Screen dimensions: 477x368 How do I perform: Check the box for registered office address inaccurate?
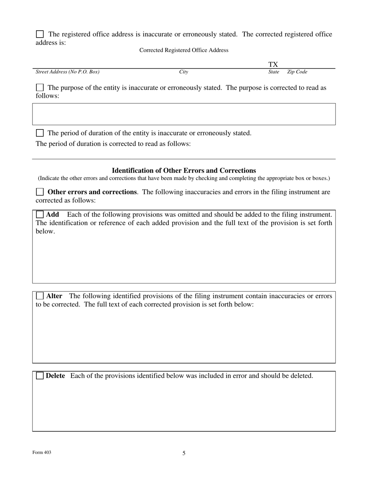[x=40, y=34]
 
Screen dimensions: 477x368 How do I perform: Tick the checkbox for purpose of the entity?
[x=40, y=88]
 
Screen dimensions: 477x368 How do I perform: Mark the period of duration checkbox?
[x=40, y=133]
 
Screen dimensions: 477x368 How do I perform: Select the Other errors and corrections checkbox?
[x=40, y=192]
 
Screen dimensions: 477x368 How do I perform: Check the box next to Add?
[x=40, y=214]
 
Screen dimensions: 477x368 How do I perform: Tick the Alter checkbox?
[x=40, y=296]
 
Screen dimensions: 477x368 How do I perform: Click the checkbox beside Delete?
[x=40, y=376]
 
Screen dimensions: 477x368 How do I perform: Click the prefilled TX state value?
[x=273, y=64]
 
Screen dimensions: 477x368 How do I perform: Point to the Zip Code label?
[x=297, y=72]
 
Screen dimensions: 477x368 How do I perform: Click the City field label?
[x=184, y=72]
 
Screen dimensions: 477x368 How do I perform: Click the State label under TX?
[x=274, y=72]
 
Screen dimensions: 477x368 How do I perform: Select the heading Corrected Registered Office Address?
[x=184, y=50]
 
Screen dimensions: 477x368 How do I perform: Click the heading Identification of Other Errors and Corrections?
[x=184, y=171]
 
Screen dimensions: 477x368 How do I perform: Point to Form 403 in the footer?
[x=42, y=453]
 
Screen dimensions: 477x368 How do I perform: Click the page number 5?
[x=184, y=453]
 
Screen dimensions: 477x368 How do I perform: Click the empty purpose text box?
[x=184, y=114]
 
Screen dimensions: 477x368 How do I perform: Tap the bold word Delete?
[x=55, y=376]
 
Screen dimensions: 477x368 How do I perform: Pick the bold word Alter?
[x=54, y=296]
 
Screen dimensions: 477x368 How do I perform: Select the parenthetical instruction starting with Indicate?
[x=184, y=178]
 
